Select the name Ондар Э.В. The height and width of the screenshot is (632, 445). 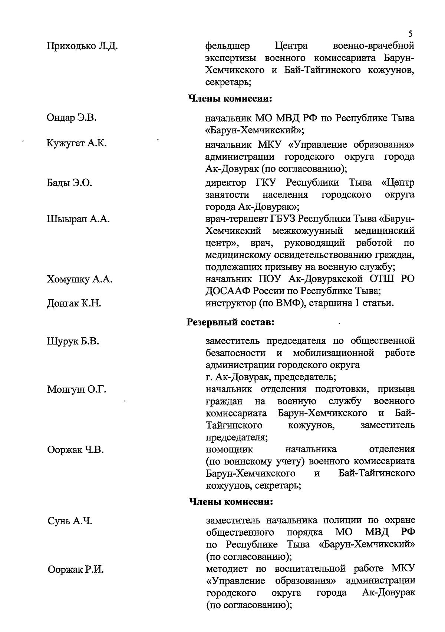click(72, 118)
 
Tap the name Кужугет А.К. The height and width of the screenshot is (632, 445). click(77, 143)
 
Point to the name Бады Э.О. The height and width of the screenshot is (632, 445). click(69, 183)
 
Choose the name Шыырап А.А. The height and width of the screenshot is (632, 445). click(78, 219)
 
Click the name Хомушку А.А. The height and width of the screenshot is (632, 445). click(79, 279)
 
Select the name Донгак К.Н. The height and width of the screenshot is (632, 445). click(74, 303)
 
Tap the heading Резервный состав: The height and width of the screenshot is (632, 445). click(230, 322)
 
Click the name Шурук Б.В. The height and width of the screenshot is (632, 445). click(73, 341)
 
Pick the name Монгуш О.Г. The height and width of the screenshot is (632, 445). click(77, 389)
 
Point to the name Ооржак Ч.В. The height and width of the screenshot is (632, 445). click(75, 450)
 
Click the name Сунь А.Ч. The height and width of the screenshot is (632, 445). click(70, 521)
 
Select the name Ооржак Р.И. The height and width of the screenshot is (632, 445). click(76, 569)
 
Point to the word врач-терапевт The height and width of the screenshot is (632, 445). click(232, 219)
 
